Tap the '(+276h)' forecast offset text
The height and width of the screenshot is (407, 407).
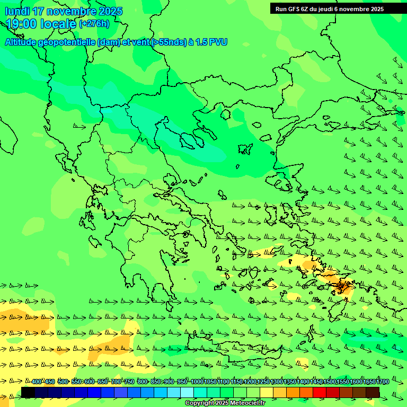94,23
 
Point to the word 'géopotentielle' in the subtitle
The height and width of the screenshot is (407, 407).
67,42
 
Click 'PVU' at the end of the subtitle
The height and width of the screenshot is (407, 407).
218,42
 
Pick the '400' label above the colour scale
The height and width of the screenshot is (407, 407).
36,382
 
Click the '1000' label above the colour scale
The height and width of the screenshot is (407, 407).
197,382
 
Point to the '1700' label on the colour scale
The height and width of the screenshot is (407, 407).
383,382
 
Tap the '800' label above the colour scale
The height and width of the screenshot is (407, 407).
142,382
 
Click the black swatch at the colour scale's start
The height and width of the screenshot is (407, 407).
28,392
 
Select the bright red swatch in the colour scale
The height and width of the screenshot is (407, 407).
320,392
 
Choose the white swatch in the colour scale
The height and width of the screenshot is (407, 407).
187,392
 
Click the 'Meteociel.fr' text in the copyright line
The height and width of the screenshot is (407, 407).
247,403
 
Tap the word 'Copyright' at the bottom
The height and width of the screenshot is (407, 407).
200,403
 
